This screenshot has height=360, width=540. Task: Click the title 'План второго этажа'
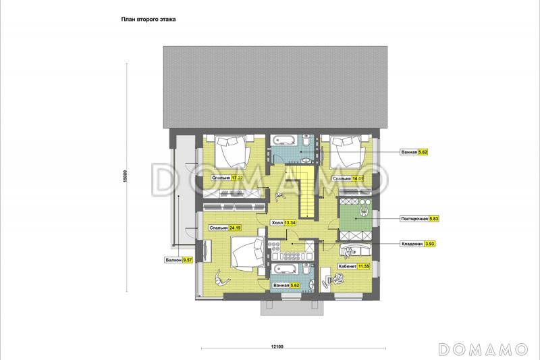148,20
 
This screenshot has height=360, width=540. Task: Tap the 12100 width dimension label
277,346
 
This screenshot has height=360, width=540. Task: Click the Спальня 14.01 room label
348,178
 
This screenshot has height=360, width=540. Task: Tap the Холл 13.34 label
283,222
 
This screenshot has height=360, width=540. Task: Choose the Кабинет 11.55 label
354,266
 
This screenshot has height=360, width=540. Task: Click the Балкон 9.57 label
178,260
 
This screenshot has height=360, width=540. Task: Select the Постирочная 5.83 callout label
419,219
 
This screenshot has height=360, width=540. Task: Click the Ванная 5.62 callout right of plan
414,151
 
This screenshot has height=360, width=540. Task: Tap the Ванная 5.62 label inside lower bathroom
286,285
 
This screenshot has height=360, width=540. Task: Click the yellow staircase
302,190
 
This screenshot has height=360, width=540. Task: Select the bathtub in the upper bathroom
283,140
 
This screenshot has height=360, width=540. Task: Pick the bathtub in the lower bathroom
283,269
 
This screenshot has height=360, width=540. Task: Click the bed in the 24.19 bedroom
248,253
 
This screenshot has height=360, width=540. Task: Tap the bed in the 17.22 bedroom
232,151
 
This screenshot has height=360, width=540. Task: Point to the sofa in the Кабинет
356,250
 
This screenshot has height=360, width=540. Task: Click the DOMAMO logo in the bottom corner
483,349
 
